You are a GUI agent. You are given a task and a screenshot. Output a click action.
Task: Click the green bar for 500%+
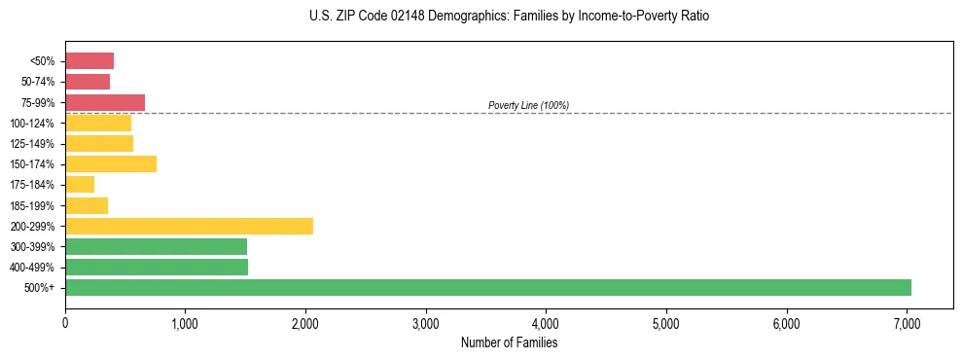pos(487,287)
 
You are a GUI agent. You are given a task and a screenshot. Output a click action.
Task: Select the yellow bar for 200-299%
pos(189,226)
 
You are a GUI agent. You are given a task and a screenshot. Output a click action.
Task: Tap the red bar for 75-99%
pos(105,102)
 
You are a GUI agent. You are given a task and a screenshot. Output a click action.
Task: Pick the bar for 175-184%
pos(80,184)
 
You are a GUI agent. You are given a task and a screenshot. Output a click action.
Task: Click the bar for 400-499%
pos(157,267)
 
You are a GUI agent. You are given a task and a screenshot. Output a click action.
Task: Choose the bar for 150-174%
pos(111,163)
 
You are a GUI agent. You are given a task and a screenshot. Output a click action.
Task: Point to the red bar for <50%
pos(89,61)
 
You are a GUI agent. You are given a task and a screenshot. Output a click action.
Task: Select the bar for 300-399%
pos(156,246)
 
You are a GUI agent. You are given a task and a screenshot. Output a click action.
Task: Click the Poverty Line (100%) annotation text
pos(528,105)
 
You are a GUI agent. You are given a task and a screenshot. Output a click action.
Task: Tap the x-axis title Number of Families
pos(509,342)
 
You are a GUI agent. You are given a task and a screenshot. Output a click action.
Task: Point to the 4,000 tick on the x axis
pos(546,323)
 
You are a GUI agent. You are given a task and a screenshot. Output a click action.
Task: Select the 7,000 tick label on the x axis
pos(907,323)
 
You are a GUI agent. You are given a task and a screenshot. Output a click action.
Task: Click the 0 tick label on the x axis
pos(65,323)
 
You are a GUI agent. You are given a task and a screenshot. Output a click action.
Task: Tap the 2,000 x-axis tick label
pos(305,323)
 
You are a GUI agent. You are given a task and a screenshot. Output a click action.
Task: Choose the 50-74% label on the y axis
pos(38,82)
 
